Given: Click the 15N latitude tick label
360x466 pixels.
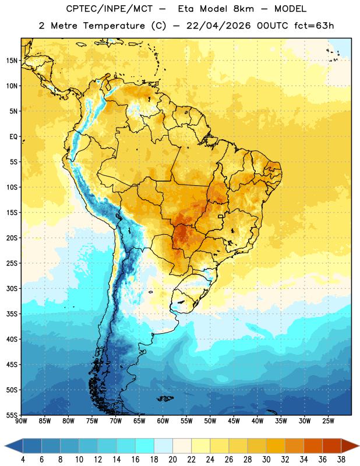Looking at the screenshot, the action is click(12, 61).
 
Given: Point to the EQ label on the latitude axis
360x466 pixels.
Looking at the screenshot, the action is click(13, 137).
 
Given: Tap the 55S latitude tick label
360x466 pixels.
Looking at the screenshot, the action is click(12, 415).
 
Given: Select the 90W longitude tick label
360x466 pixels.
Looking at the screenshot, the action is click(21, 421).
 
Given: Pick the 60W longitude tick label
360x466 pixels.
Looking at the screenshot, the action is click(163, 421).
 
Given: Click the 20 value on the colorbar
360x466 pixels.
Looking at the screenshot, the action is click(172, 460).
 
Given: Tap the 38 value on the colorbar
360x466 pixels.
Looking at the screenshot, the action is click(341, 460).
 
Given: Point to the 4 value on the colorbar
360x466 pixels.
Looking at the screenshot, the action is click(23, 460).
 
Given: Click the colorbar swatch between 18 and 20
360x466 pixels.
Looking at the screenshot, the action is click(163, 446).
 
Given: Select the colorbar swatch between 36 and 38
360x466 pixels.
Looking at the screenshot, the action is click(332, 446).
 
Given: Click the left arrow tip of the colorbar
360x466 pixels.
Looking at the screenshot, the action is click(5, 446).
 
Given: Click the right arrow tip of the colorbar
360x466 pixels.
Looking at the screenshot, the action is click(359, 446).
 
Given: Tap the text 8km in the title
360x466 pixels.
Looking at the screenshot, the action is click(243, 9).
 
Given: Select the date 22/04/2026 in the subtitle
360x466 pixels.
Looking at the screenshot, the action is click(218, 26).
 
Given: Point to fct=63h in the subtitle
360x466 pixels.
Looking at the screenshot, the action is click(314, 26).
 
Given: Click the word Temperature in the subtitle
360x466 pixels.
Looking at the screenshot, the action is click(114, 26).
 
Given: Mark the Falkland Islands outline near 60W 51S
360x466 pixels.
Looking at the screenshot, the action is click(165, 398).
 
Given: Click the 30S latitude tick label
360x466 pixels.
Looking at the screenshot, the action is click(12, 288).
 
